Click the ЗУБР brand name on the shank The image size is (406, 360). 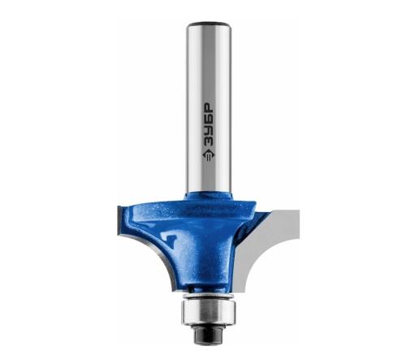tap(209, 125)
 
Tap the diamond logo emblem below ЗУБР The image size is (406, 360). tap(209, 155)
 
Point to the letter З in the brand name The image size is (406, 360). tap(209, 141)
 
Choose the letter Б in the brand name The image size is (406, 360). tap(209, 119)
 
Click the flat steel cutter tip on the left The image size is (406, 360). tap(119, 220)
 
